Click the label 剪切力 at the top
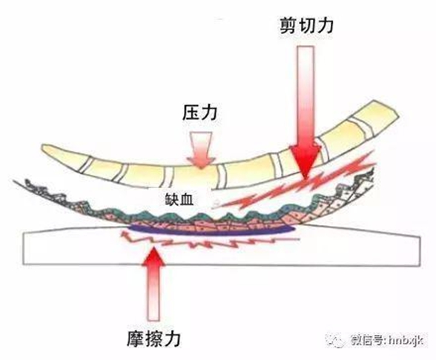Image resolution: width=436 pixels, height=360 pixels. coord(306,25)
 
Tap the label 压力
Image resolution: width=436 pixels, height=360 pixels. coord(199,113)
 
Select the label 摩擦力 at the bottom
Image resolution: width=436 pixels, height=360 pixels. coord(153,338)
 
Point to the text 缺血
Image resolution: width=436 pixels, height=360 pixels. coord(179,199)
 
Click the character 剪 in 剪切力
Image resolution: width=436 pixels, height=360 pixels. coord(288,25)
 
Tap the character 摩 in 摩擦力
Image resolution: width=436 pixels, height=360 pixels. coord(136,338)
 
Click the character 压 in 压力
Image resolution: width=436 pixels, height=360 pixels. coord(191,113)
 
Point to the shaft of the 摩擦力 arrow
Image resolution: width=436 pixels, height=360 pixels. coord(153,293)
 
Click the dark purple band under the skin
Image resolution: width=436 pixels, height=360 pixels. coord(211,230)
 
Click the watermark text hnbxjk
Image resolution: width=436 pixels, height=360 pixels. coord(406,341)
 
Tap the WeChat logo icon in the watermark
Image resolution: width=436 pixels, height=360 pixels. coord(337,340)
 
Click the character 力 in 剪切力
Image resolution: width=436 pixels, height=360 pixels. coord(325,25)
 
